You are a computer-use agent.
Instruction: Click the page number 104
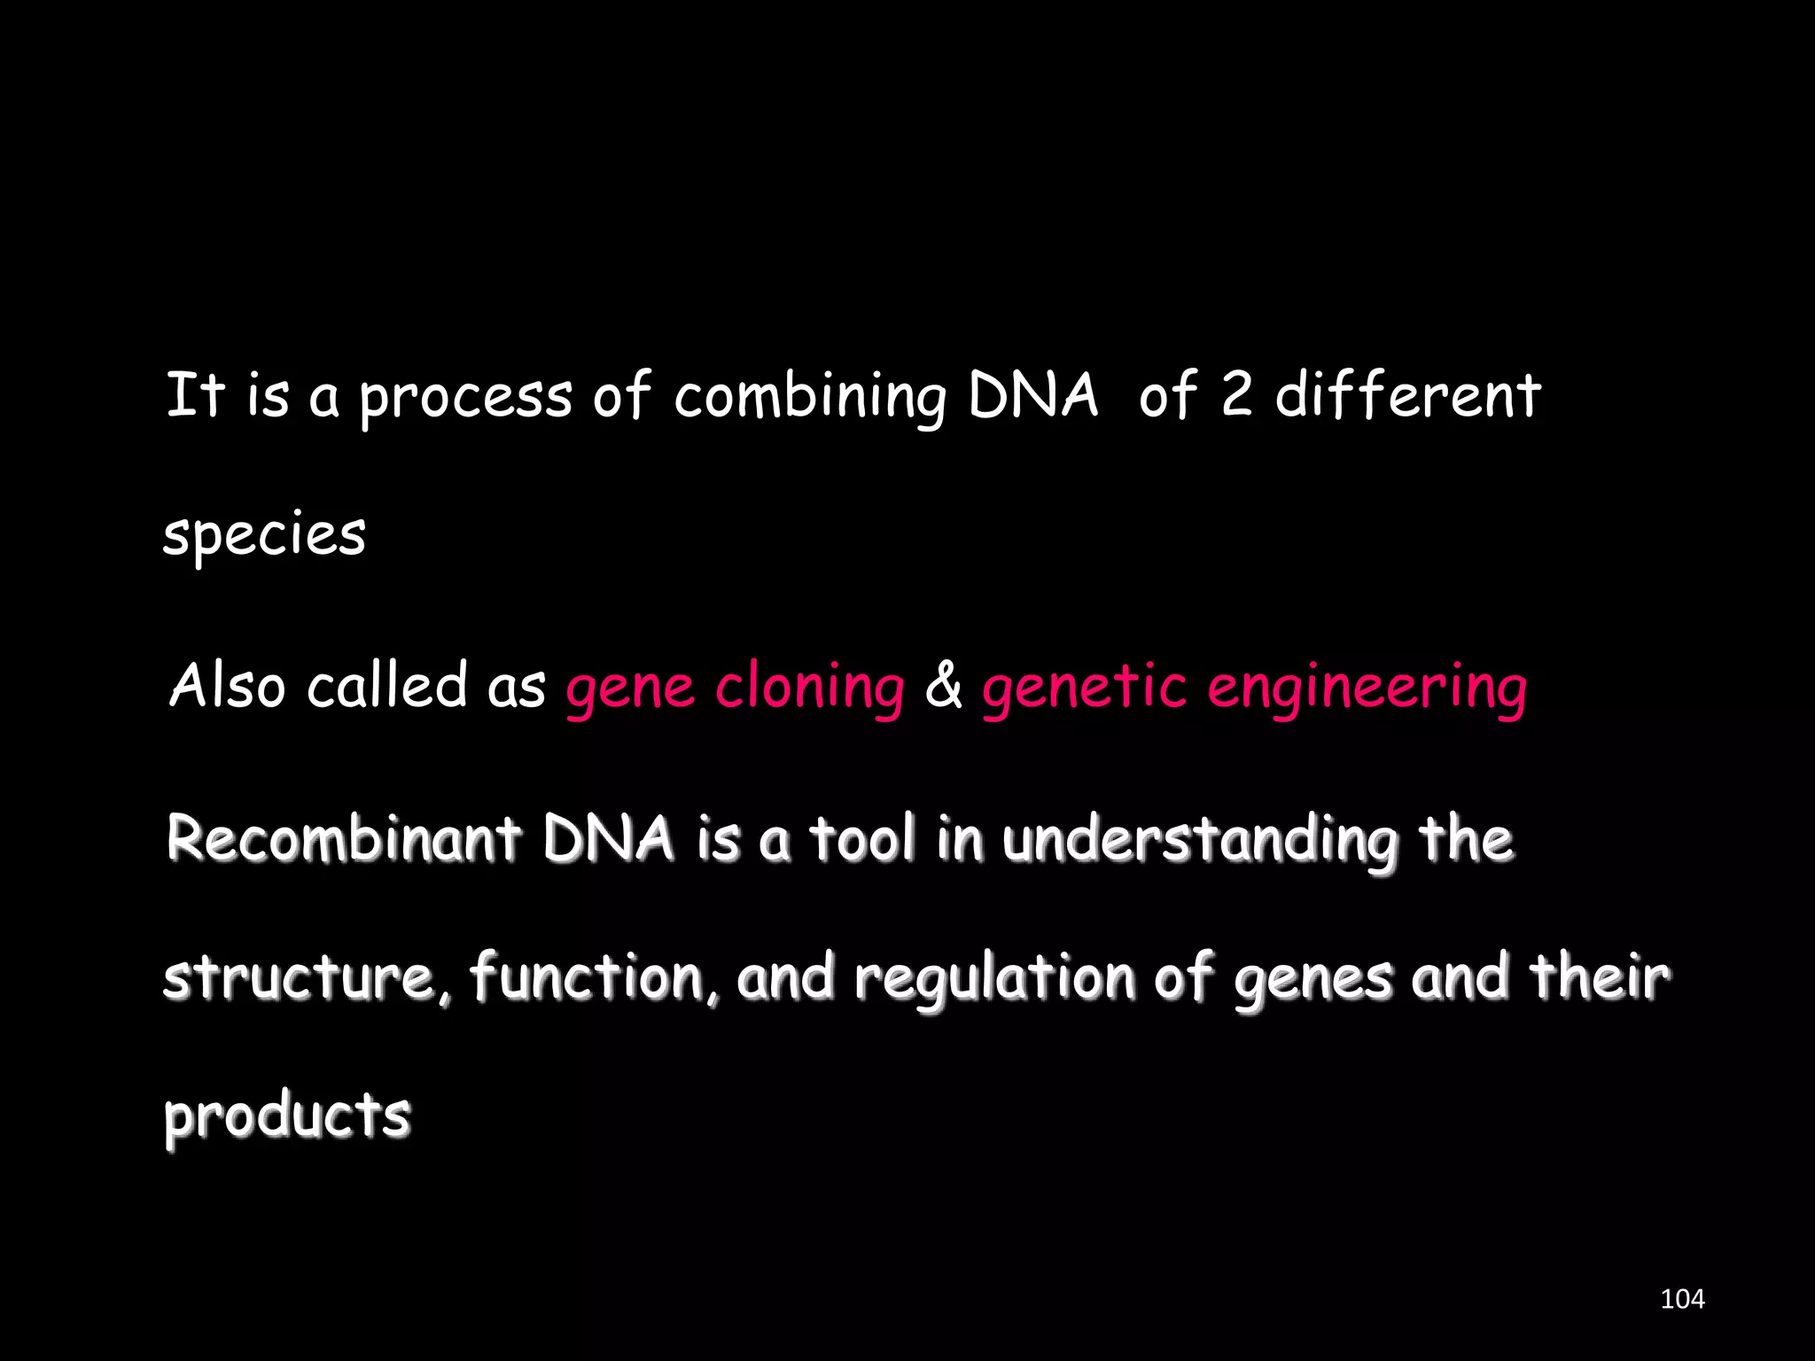[1682, 1299]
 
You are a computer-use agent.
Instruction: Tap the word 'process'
[466, 396]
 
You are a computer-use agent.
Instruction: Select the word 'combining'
[810, 396]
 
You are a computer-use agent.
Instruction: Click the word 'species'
[264, 534]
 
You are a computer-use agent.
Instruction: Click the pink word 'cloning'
[810, 688]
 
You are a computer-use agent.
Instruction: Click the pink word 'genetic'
[1084, 688]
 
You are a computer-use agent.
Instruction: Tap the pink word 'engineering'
[1367, 688]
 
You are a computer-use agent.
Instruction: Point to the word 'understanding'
[1200, 839]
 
